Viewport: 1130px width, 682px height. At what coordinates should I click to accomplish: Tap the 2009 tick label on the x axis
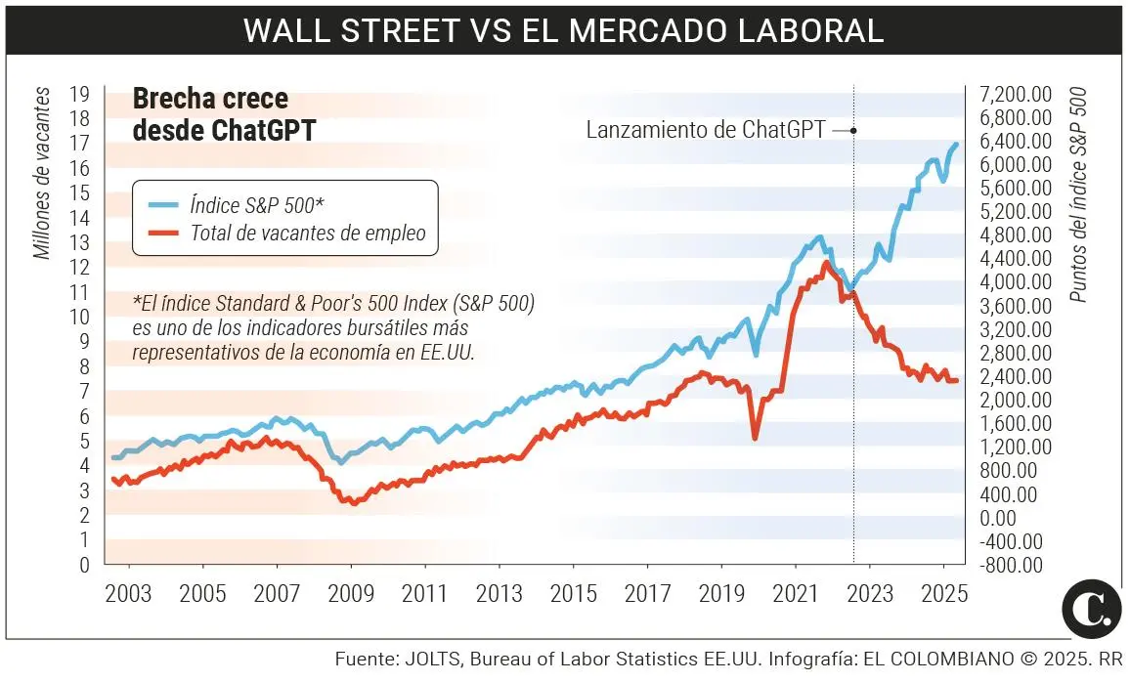click(351, 594)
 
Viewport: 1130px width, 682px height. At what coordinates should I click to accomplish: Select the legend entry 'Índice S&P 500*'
click(256, 204)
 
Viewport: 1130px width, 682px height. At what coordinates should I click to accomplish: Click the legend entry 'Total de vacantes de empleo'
click(308, 233)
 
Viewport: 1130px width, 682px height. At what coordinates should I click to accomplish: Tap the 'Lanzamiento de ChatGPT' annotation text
click(706, 130)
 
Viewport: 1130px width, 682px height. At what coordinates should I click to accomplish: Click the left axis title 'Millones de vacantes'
click(41, 174)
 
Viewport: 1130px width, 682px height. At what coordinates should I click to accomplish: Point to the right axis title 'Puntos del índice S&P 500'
click(1078, 194)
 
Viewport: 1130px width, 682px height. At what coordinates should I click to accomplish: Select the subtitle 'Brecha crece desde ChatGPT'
click(224, 114)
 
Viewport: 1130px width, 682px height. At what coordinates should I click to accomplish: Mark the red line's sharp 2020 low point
click(755, 438)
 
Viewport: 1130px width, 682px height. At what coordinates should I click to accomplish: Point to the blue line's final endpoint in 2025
click(957, 144)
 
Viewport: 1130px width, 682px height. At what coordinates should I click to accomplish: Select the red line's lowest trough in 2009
click(353, 503)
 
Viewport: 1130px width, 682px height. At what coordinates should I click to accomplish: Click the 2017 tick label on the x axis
click(647, 594)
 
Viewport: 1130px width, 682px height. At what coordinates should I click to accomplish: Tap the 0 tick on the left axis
click(85, 565)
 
